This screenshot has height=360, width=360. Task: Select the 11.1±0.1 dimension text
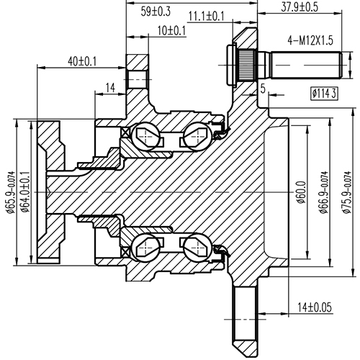(x=206, y=16)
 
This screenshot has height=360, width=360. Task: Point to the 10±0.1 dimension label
(x=171, y=31)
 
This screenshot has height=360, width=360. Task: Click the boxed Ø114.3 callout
(x=325, y=93)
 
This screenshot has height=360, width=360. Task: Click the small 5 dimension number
(x=263, y=89)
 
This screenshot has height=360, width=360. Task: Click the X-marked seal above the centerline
(x=127, y=132)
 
